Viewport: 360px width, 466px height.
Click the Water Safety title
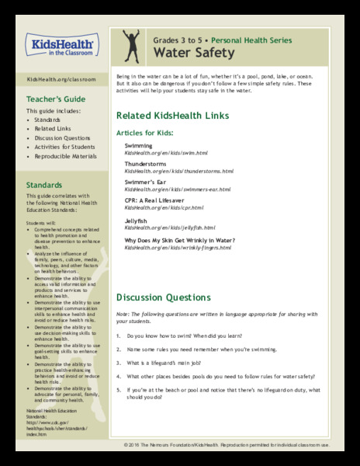tap(192, 54)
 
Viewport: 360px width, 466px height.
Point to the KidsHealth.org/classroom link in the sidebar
tap(56, 80)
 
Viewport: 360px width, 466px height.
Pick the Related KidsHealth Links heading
tap(172, 116)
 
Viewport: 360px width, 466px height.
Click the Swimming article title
tap(139, 145)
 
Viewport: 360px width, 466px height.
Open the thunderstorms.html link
tap(178, 171)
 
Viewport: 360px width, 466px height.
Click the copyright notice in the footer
tap(226, 445)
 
